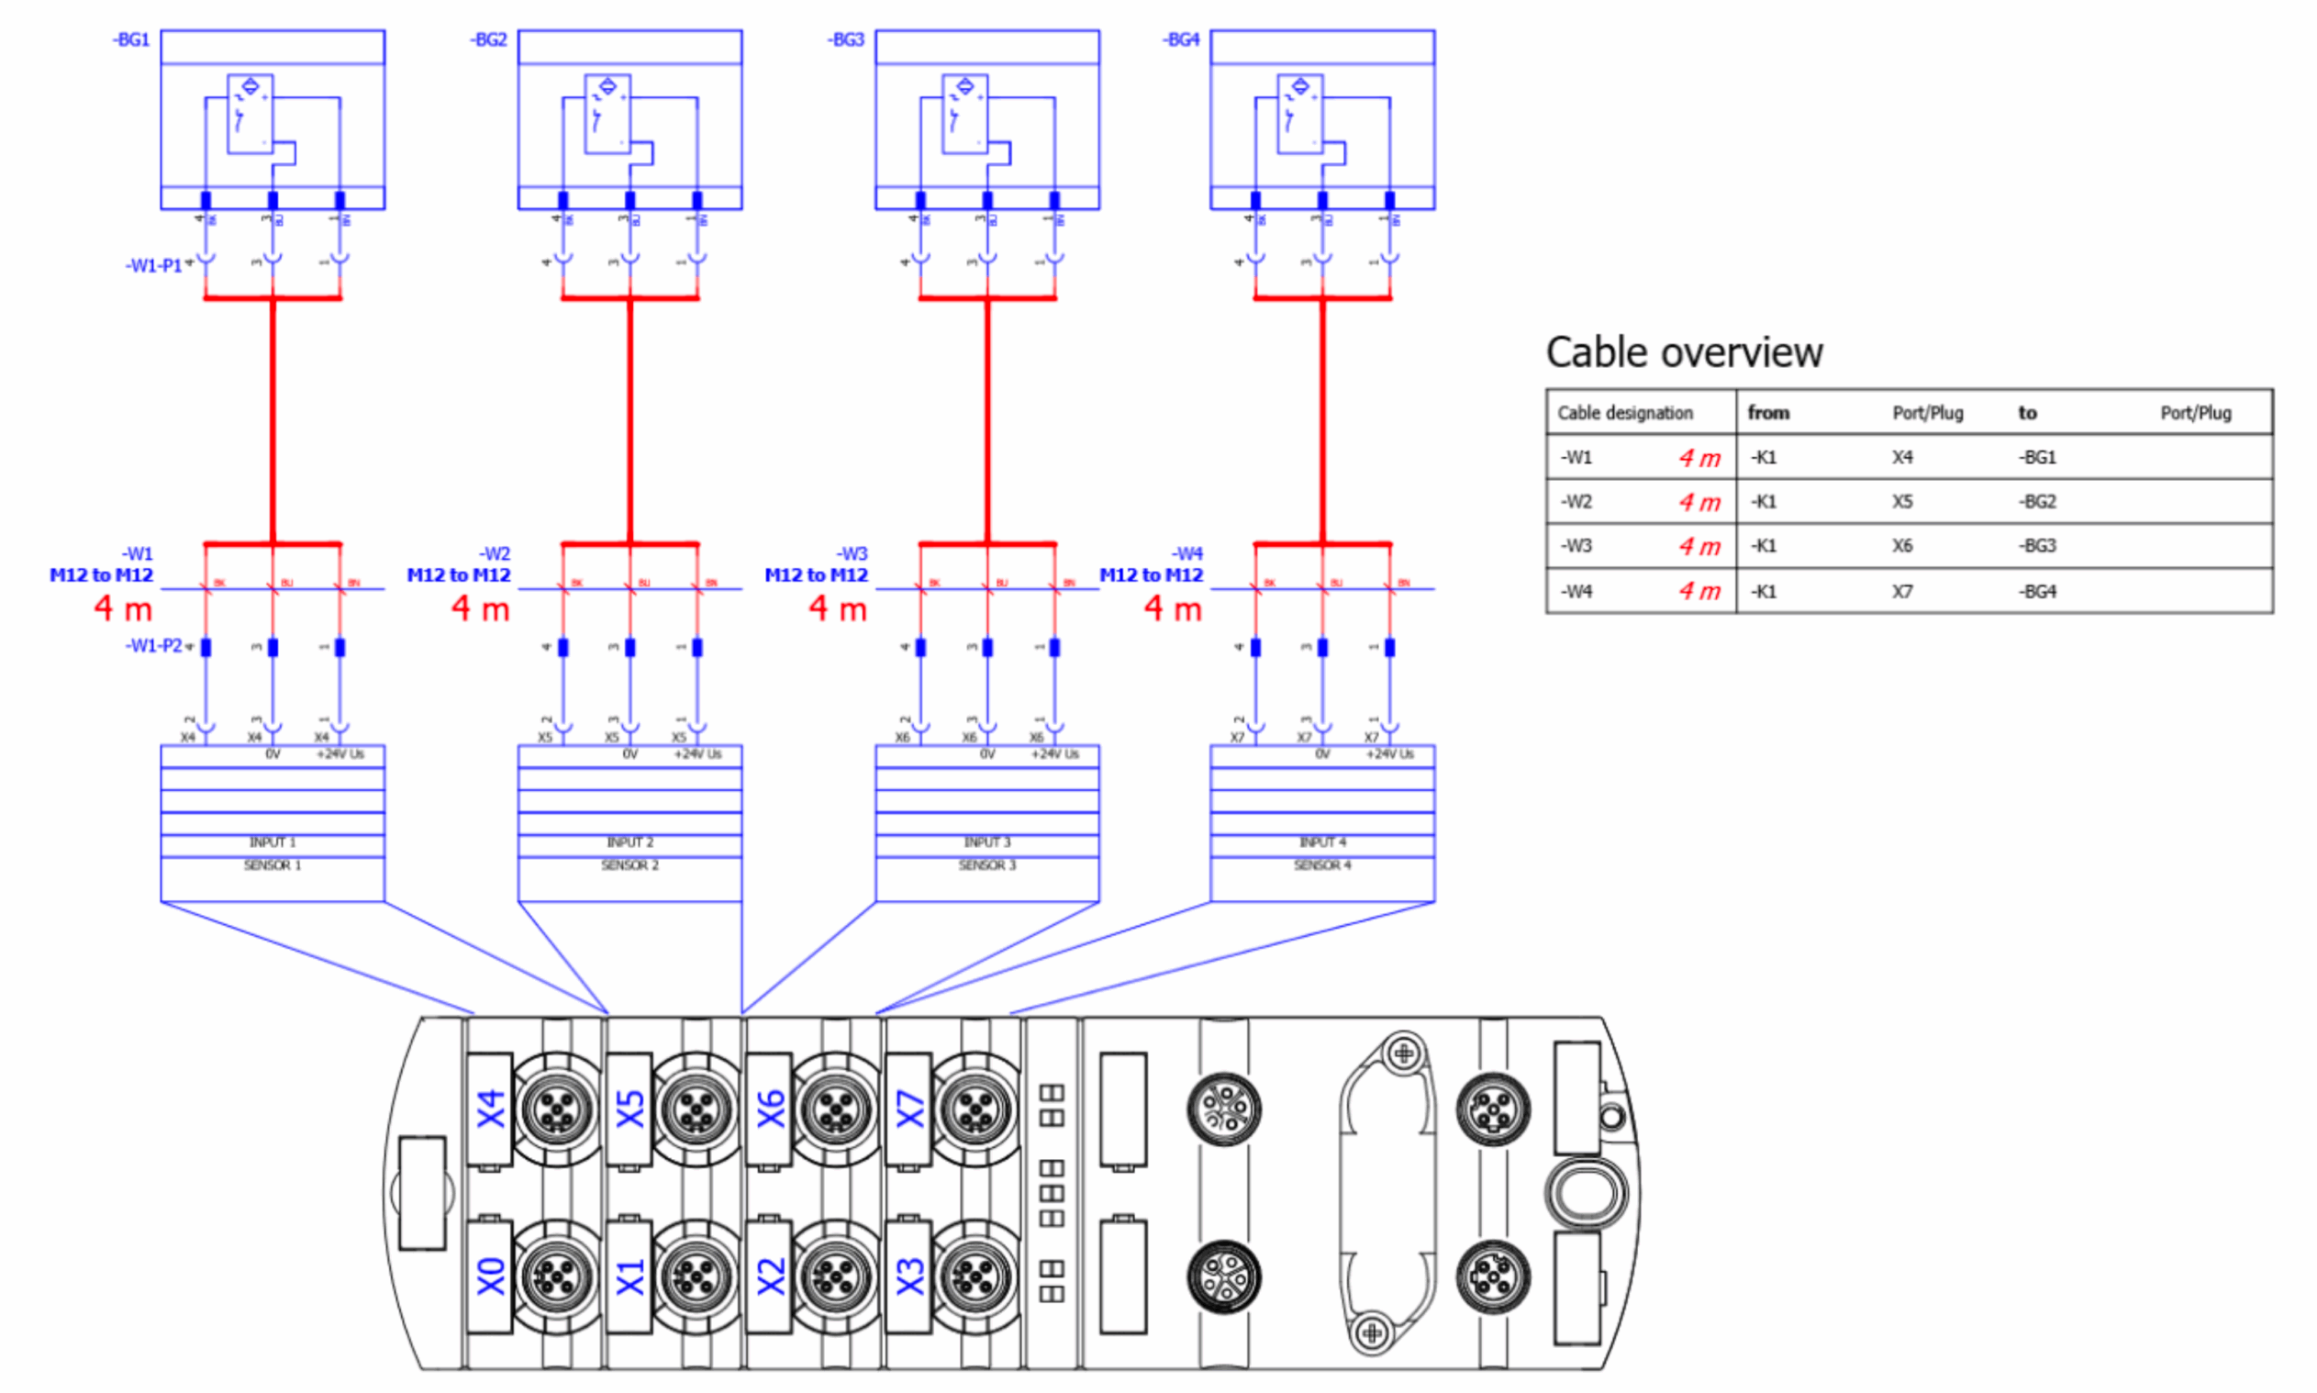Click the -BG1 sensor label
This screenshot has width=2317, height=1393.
click(x=130, y=39)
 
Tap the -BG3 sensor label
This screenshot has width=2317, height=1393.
click(x=845, y=39)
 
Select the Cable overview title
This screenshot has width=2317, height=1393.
click(x=1684, y=353)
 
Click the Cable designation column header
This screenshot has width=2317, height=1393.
click(x=1624, y=413)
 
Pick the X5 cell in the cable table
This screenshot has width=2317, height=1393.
click(x=1901, y=501)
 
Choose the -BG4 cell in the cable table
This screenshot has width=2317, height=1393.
click(x=2037, y=591)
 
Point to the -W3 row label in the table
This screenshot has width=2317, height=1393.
click(x=1576, y=545)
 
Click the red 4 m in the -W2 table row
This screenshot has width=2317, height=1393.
click(x=1699, y=502)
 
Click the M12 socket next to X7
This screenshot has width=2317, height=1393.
click(x=976, y=1110)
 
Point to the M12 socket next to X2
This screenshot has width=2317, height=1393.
click(x=834, y=1276)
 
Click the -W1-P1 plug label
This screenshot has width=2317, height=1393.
click(x=154, y=265)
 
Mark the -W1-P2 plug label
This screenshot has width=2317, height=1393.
click(x=154, y=646)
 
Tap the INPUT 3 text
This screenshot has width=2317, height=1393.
click(x=986, y=842)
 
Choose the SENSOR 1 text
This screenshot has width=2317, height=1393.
click(x=273, y=865)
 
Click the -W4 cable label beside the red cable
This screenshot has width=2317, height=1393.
click(x=1187, y=554)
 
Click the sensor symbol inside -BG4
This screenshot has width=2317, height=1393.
click(x=1299, y=114)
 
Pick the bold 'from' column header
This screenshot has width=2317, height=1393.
click(x=1768, y=413)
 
